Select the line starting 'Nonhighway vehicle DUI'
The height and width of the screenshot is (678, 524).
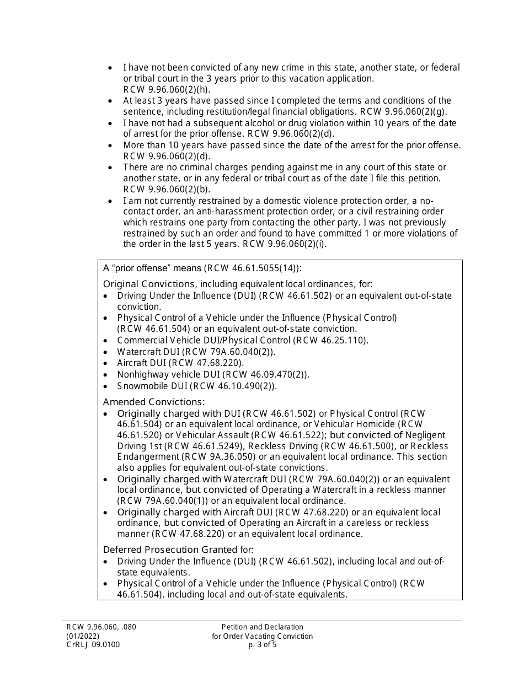click(x=213, y=375)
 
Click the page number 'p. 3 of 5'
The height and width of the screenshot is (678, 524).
click(x=262, y=644)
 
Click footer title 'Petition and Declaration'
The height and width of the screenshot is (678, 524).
click(x=262, y=627)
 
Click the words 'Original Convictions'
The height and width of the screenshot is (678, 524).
click(x=149, y=284)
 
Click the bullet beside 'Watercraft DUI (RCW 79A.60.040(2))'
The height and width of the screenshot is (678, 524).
click(x=106, y=352)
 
